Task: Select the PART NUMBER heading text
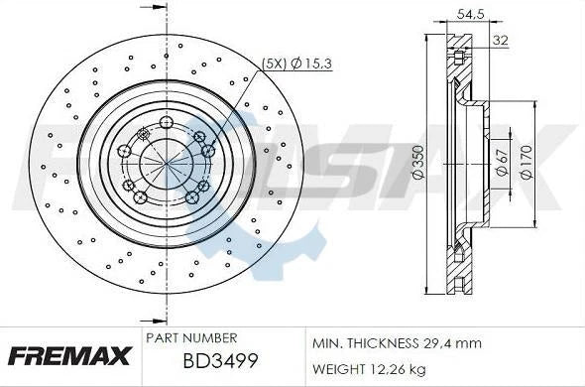pos(190,338)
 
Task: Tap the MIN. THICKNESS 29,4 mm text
pos(396,343)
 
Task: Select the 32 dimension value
pos(500,41)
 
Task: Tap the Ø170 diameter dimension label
pos(526,162)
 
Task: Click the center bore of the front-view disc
pos(164,163)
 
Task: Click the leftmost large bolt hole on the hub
pos(124,151)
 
